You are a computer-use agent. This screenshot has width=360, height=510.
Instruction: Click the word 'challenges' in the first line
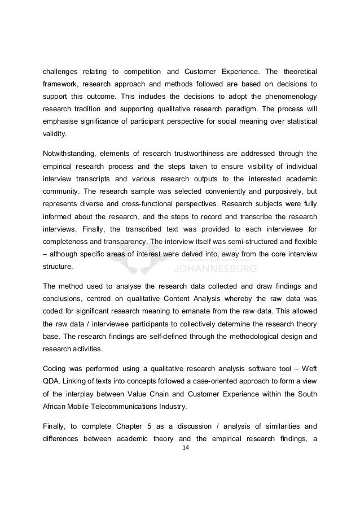coord(59,72)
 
